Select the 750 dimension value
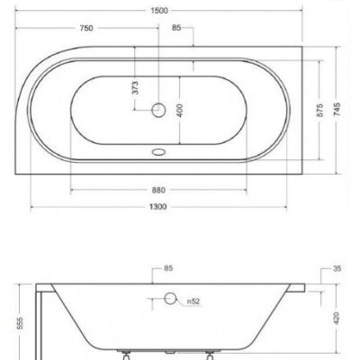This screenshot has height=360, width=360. [85, 28]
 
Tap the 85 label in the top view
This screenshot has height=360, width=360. [177, 28]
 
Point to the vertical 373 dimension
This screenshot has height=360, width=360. [136, 86]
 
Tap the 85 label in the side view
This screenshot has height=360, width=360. [168, 268]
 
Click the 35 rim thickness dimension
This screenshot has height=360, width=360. [337, 268]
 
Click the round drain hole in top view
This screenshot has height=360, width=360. [158, 110]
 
